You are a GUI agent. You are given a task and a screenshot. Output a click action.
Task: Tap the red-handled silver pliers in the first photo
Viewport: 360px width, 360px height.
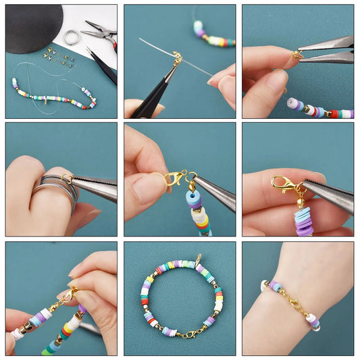pos(99,34)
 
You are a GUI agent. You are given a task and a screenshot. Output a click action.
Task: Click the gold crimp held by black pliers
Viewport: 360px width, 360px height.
pos(177,59)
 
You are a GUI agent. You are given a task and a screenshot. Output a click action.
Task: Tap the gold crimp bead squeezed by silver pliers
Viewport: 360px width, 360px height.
pos(297,55)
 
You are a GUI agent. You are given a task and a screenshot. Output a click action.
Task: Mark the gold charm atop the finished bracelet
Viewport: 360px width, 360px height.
pos(198,259)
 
